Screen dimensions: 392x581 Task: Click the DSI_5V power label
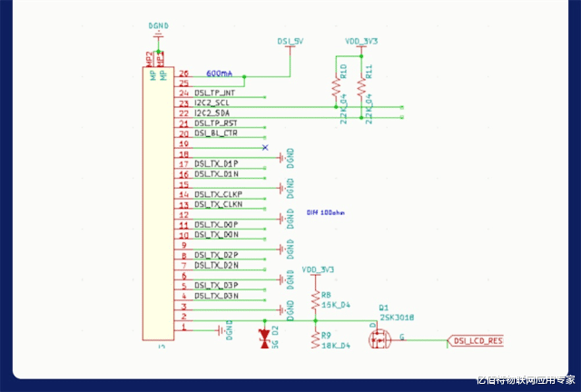tap(290, 41)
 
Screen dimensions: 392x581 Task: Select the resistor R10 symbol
tap(336, 87)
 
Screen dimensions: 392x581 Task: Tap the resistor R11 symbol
tap(362, 87)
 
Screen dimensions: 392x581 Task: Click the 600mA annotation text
tap(219, 73)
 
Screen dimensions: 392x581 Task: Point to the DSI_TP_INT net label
tap(214, 93)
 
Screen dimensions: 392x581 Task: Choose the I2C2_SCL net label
tap(212, 103)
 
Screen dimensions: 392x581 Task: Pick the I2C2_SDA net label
tap(212, 113)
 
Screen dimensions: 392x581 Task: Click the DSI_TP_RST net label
tap(215, 122)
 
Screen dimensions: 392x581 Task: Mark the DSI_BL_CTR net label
tap(215, 132)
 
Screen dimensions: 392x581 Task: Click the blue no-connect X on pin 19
tap(265, 146)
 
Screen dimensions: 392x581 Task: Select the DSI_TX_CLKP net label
tap(218, 194)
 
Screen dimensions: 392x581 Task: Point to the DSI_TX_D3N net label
tap(216, 296)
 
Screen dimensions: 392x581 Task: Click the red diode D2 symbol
tap(265, 338)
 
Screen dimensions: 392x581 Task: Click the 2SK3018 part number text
tap(398, 317)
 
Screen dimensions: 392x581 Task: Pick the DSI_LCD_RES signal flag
tap(477, 340)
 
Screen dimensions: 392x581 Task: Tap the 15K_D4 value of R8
tap(335, 305)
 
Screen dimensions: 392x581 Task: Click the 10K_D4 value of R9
tap(335, 346)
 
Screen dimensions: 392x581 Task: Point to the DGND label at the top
tap(158, 26)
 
